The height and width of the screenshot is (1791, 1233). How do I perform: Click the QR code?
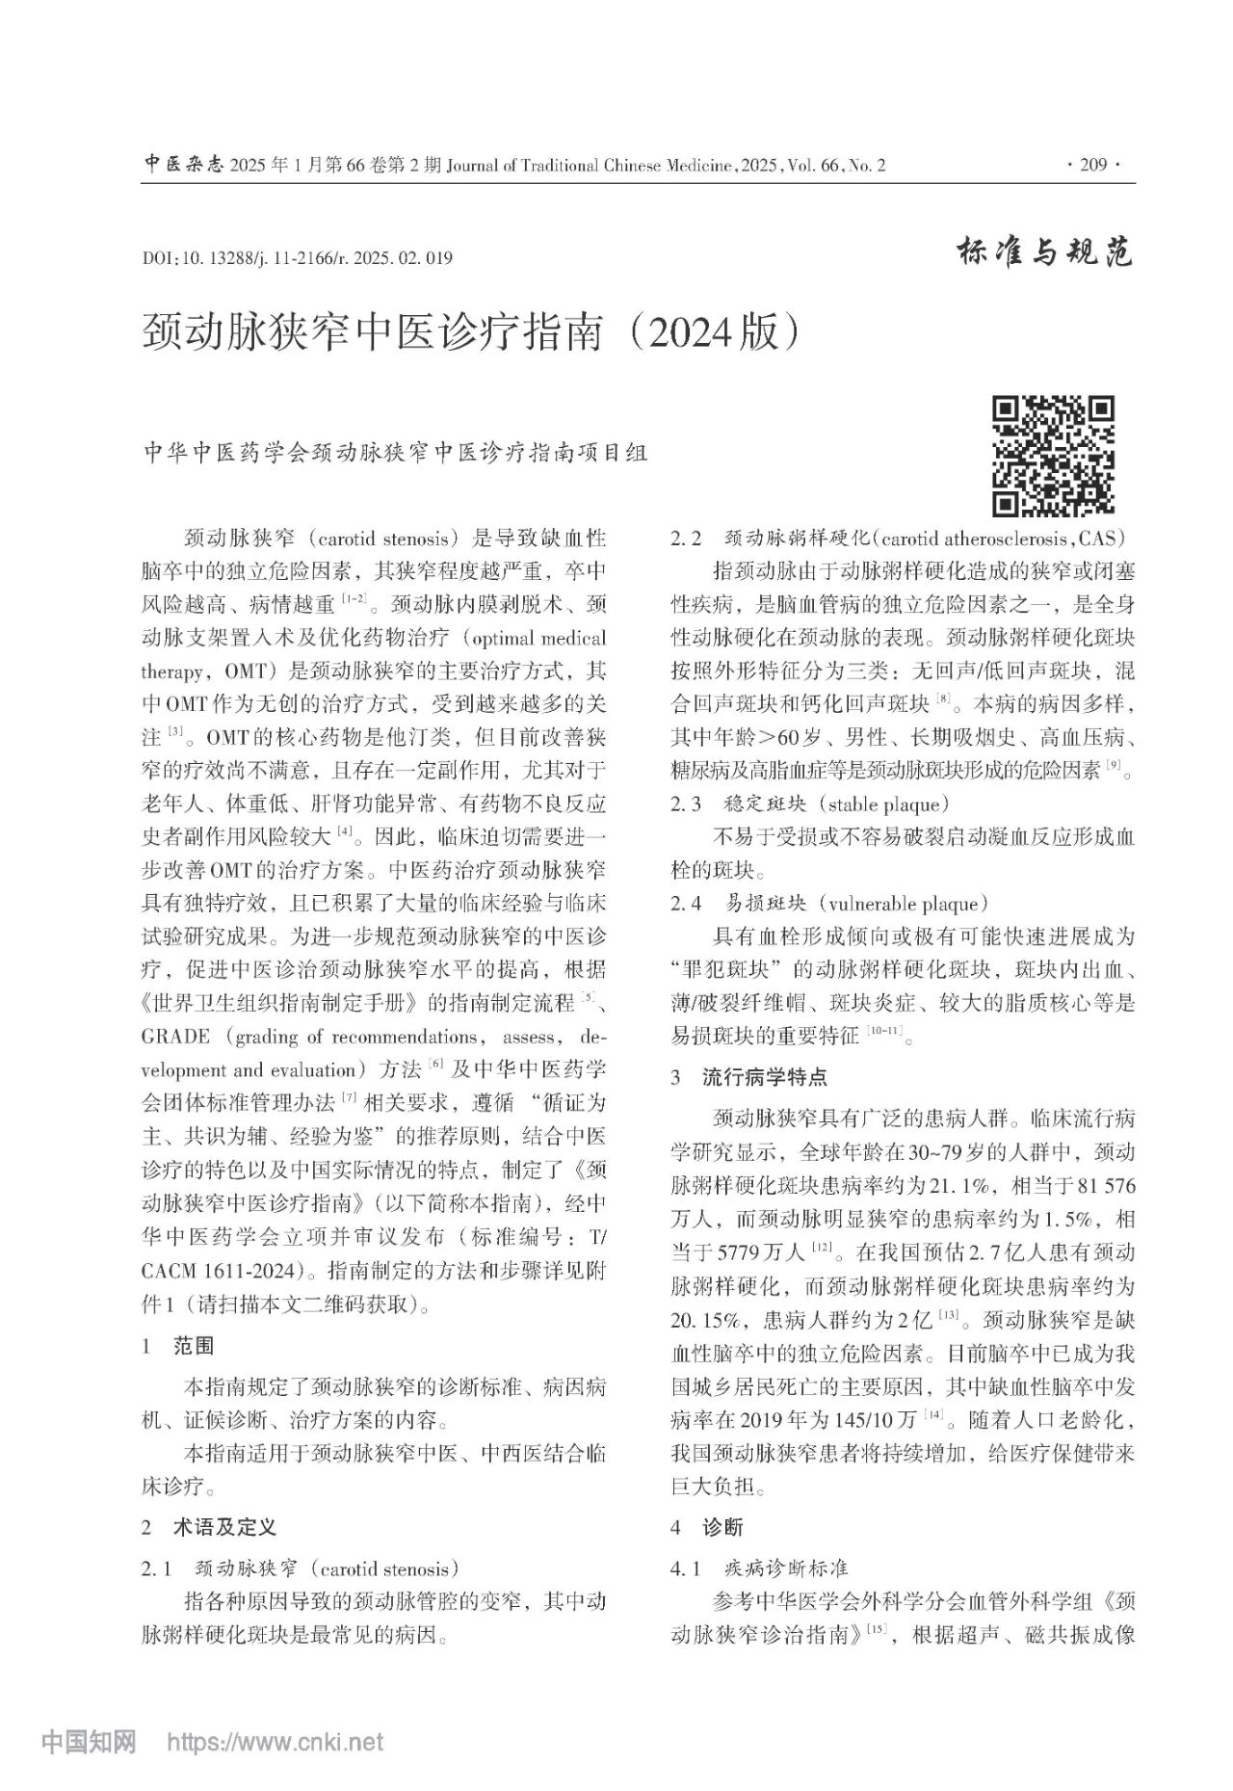(1053, 456)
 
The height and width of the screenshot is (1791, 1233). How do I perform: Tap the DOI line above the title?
(297, 258)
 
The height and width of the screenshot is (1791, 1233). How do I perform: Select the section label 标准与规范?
(1045, 252)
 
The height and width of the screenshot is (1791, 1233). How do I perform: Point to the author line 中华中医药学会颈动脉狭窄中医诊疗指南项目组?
(394, 453)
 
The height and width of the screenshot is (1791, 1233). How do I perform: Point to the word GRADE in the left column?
(175, 1038)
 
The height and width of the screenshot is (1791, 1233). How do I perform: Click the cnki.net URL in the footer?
(275, 1742)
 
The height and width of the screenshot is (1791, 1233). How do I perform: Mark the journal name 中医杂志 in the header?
(184, 165)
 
